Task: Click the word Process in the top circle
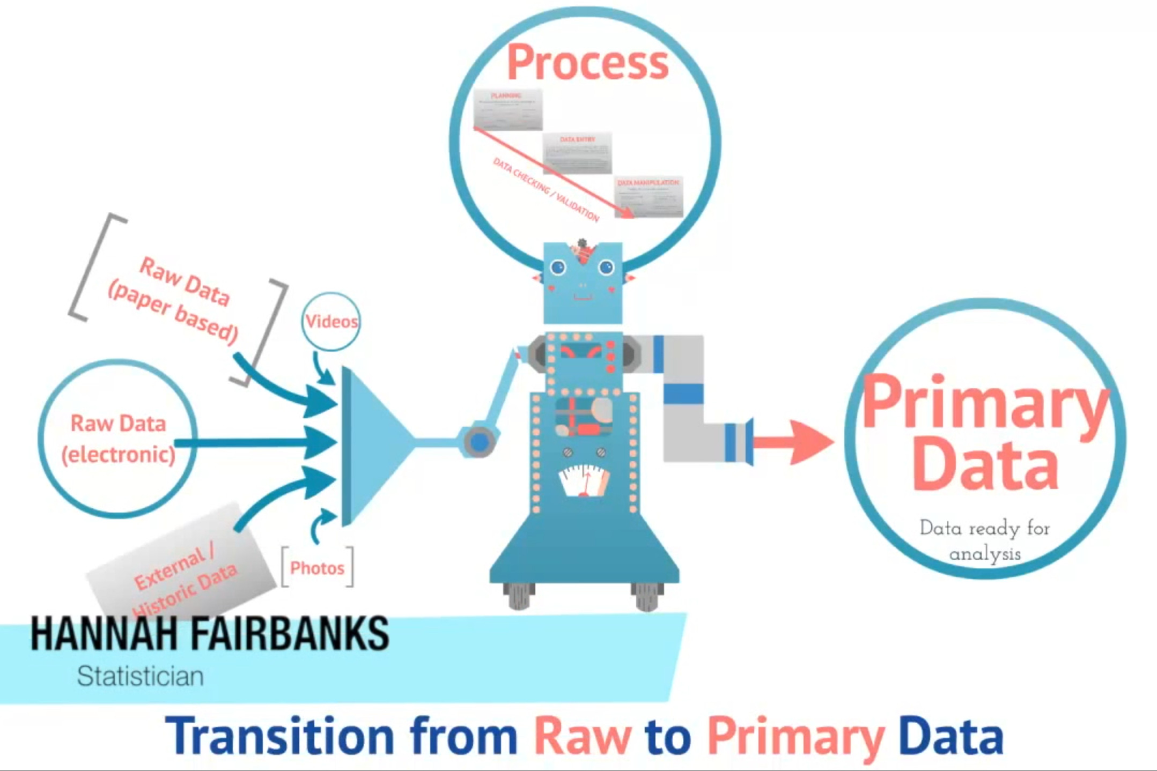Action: coord(588,63)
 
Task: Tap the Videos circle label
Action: coord(331,322)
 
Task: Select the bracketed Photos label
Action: coord(317,568)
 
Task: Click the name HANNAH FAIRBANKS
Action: coord(209,634)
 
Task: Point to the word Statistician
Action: coord(140,676)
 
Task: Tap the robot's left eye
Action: coord(558,267)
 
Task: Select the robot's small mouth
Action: coord(583,296)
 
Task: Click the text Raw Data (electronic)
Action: coord(118,439)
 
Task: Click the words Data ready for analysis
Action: coord(985,540)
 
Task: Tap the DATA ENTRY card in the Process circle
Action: coord(577,153)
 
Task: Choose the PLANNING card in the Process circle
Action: coord(507,109)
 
